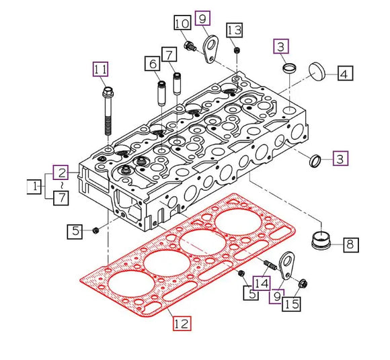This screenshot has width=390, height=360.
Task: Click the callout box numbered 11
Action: pos(100,69)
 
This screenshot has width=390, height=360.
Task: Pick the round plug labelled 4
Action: pos(318,70)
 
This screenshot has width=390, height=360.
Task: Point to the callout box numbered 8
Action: pos(349,244)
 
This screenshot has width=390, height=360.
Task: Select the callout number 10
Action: pos(182,25)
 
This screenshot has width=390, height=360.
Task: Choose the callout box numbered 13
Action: pos(234,30)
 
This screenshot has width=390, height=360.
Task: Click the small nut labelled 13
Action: pos(237,50)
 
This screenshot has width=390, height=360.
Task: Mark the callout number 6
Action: pos(153,64)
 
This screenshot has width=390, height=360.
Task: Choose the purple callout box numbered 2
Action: pos(61,172)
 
